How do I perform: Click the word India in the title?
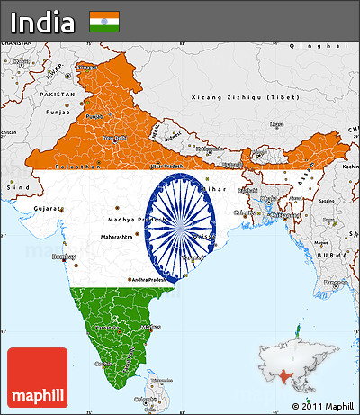[42, 21]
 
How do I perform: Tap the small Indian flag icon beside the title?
[104, 22]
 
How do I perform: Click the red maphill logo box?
[37, 376]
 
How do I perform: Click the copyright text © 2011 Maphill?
[318, 406]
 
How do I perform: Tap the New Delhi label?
[115, 138]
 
